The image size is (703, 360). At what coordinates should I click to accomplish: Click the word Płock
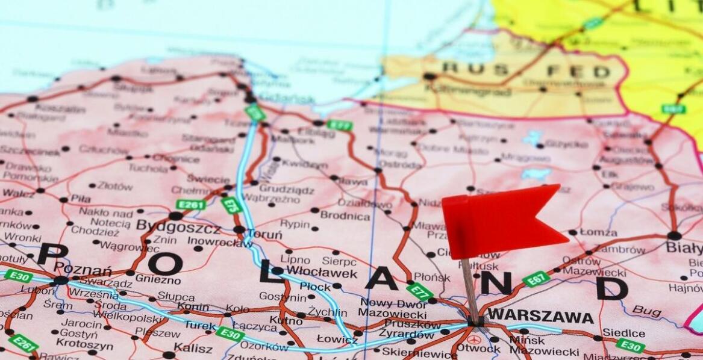pyautogui.click(x=315, y=287)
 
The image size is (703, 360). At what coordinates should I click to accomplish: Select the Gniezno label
pyautogui.click(x=158, y=279)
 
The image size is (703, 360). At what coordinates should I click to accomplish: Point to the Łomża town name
pyautogui.click(x=598, y=232)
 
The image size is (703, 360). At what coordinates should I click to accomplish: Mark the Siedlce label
pyautogui.click(x=623, y=333)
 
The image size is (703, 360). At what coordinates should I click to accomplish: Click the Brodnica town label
pyautogui.click(x=345, y=215)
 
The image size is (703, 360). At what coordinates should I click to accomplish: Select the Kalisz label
pyautogui.click(x=193, y=347)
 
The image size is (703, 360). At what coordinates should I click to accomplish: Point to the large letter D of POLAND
pyautogui.click(x=612, y=288)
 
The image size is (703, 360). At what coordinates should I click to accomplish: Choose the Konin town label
pyautogui.click(x=193, y=307)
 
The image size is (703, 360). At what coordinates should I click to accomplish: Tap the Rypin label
pyautogui.click(x=295, y=224)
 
